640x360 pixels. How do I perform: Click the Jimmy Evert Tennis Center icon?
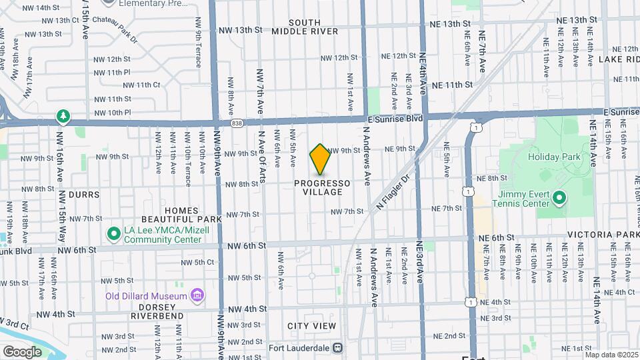559,198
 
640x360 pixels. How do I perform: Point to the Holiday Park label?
553,157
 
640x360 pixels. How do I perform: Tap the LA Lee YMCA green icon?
113,234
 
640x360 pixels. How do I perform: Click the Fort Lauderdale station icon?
338,347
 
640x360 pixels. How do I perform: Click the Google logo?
21,351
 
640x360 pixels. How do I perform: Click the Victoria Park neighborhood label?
603,235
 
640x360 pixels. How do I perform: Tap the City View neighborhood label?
312,326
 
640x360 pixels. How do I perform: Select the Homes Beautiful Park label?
181,215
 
